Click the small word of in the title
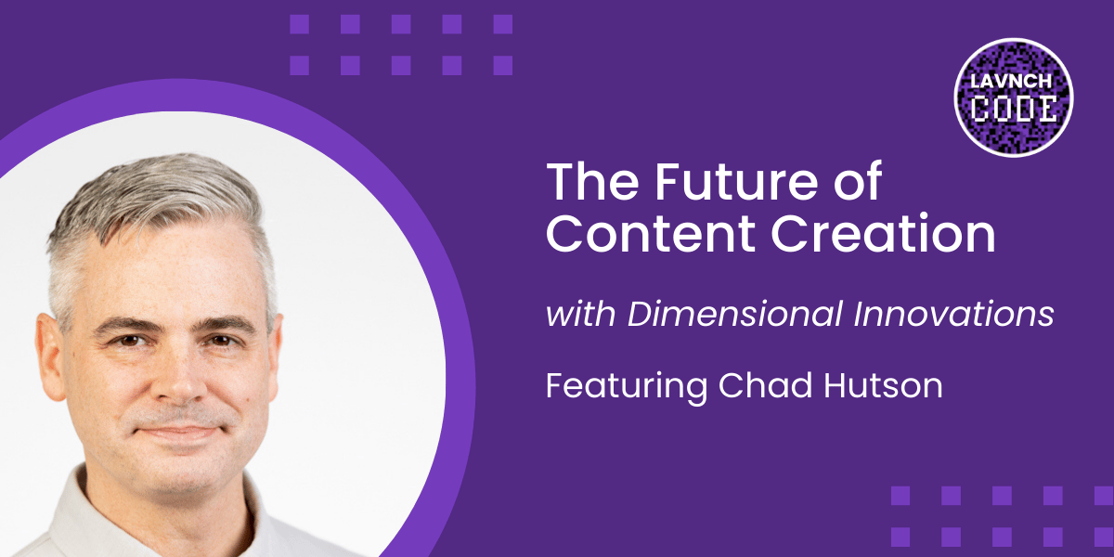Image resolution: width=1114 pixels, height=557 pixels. click(x=861, y=183)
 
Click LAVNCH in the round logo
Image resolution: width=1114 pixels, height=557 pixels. click(x=1014, y=82)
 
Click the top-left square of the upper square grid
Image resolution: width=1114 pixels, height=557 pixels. click(x=299, y=24)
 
